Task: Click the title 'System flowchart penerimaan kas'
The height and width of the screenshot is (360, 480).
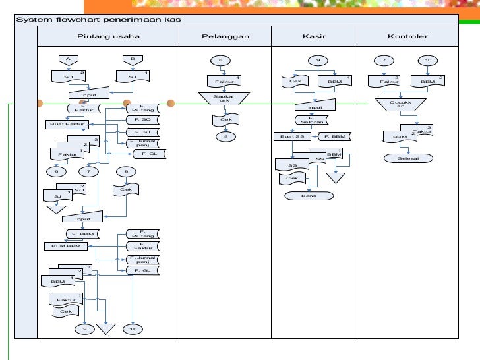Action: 99,20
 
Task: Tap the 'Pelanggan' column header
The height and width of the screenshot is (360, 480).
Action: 225,36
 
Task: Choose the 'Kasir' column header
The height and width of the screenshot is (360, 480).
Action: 315,36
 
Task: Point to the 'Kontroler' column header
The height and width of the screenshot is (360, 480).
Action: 407,36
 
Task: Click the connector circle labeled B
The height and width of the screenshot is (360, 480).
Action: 132,59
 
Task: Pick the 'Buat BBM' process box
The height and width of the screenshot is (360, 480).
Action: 66,246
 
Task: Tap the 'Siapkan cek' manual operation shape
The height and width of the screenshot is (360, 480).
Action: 225,99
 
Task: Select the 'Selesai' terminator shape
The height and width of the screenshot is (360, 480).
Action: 407,158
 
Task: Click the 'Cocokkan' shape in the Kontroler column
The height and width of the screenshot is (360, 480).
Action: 398,105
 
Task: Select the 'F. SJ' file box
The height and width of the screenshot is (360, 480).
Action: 146,132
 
